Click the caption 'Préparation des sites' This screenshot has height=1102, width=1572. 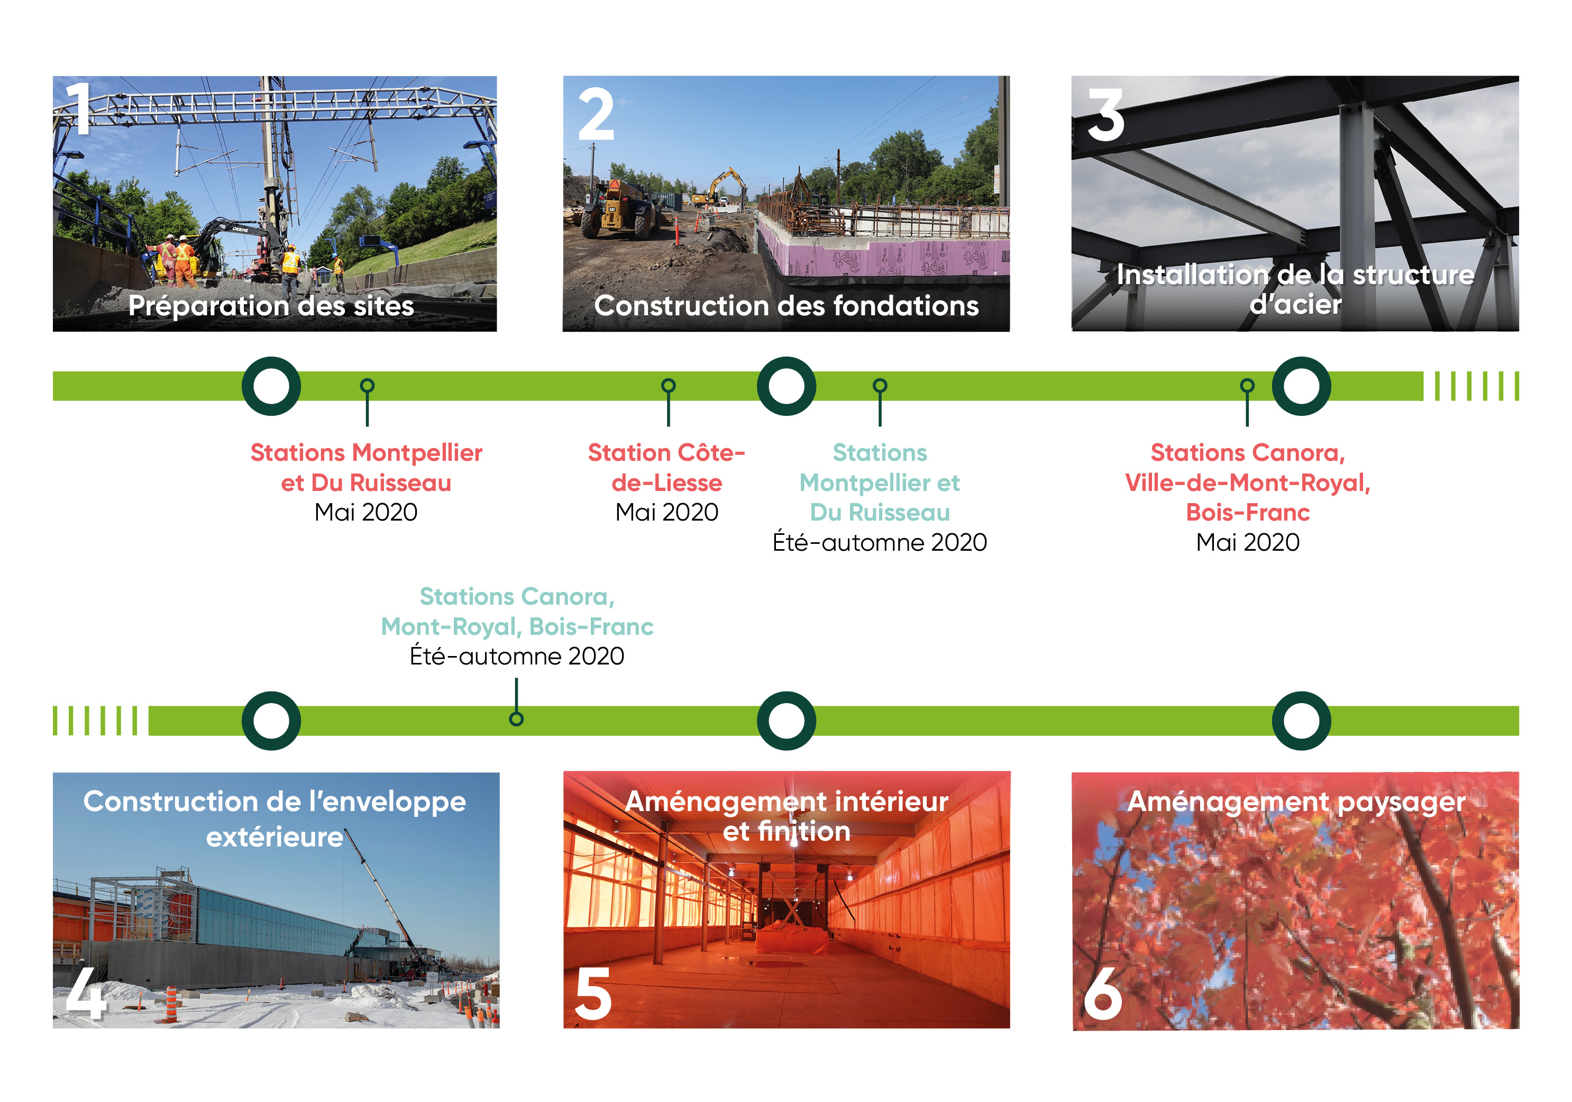click(x=271, y=305)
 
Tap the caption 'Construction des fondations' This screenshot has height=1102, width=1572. click(x=786, y=305)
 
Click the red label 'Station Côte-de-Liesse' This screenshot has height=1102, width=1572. click(x=667, y=467)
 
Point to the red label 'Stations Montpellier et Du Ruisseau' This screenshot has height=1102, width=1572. click(x=367, y=467)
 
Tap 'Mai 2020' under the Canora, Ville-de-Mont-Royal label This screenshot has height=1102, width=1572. click(x=1247, y=542)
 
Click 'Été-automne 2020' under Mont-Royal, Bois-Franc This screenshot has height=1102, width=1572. click(x=517, y=655)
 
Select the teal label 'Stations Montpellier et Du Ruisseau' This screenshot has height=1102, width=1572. click(x=880, y=482)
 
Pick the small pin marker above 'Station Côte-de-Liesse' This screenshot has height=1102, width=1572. click(x=668, y=400)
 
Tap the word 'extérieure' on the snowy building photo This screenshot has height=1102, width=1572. click(x=275, y=837)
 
